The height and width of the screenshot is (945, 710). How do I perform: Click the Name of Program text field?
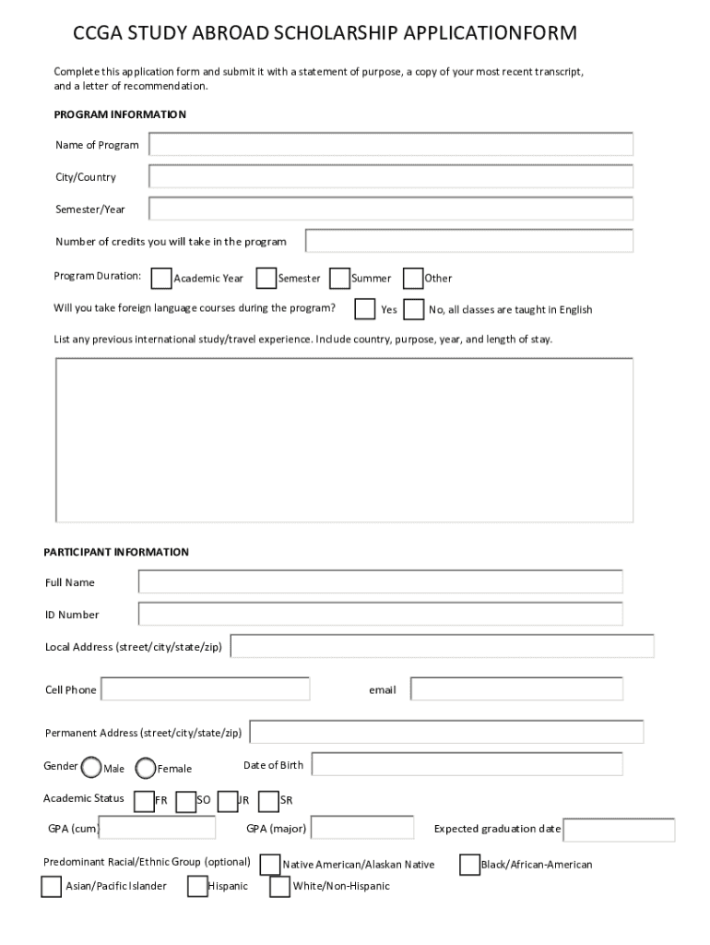tap(391, 145)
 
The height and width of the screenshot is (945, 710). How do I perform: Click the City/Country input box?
tap(391, 177)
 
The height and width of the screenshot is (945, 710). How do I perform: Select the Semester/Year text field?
tap(391, 209)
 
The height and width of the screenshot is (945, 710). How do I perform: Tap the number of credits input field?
tap(469, 241)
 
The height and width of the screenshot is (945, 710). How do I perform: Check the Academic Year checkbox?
tap(161, 278)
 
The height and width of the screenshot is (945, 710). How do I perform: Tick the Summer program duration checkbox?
tap(339, 278)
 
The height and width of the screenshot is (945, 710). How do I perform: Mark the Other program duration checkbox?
tap(413, 278)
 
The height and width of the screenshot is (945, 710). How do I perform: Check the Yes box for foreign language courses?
tap(365, 308)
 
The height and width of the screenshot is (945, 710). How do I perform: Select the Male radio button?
tap(92, 768)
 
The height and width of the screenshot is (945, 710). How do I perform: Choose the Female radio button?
tap(146, 768)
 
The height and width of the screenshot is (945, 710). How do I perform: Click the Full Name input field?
tap(380, 581)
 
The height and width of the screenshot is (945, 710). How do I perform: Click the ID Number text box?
tap(380, 614)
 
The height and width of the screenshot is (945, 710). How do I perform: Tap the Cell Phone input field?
tap(206, 689)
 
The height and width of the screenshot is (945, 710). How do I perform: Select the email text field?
tap(516, 689)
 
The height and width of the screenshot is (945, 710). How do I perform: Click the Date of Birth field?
tap(467, 764)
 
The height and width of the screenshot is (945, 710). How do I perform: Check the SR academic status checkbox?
tap(268, 800)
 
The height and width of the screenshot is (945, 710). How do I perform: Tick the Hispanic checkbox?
tap(197, 886)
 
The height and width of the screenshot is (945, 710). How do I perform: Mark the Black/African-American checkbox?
tap(469, 865)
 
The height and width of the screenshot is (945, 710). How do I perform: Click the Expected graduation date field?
tap(619, 830)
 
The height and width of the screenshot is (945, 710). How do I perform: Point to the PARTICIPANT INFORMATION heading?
tap(116, 552)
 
